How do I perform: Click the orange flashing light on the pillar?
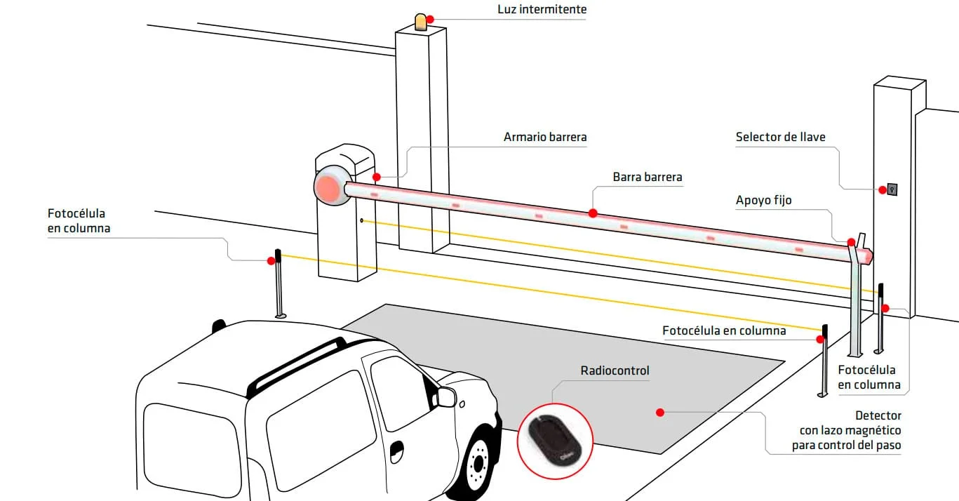click(x=420, y=22)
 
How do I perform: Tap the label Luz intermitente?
click(x=542, y=10)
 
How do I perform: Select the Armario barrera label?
click(x=545, y=137)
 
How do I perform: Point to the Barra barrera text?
click(x=647, y=178)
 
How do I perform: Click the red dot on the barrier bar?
click(x=593, y=213)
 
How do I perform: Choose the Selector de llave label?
click(x=780, y=137)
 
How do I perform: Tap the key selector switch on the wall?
click(x=892, y=189)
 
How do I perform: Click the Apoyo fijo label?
click(x=763, y=201)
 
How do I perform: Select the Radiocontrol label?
click(x=615, y=370)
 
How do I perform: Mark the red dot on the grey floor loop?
click(x=659, y=412)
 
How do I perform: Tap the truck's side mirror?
click(x=445, y=397)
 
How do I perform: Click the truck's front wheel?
click(x=479, y=464)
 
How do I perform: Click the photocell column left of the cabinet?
click(x=279, y=283)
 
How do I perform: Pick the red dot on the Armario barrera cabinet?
click(x=377, y=177)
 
